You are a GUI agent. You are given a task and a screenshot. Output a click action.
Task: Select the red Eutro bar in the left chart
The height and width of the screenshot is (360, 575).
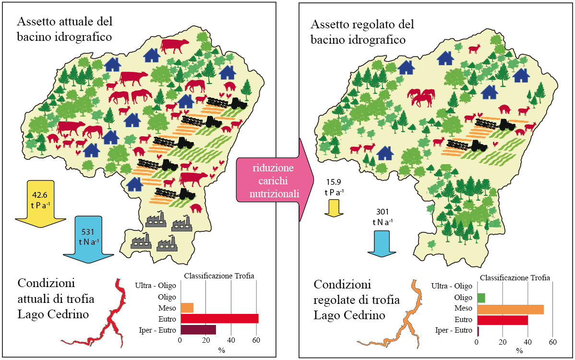(219, 319)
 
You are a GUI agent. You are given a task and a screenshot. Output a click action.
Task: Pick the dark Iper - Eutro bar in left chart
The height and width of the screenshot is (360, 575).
(198, 330)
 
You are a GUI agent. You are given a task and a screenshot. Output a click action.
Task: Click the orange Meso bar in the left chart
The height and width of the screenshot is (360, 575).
(187, 308)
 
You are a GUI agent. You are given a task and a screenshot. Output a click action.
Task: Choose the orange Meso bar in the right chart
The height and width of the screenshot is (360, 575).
(510, 309)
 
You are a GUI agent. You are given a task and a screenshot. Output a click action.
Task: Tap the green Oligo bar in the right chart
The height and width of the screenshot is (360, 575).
(481, 298)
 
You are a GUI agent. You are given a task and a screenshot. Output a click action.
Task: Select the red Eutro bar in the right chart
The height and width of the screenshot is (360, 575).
(502, 320)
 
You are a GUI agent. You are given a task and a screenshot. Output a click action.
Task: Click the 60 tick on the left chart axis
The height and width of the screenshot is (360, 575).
(256, 341)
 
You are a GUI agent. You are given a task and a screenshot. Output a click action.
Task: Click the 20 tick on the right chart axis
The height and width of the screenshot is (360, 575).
(502, 343)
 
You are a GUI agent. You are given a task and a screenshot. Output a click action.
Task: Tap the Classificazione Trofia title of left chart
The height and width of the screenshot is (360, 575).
(219, 276)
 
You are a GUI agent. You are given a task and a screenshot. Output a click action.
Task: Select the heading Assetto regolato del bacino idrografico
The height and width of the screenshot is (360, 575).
(362, 32)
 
